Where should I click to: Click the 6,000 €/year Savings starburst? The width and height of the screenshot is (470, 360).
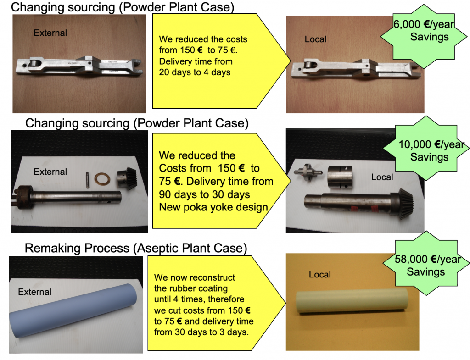(x=424, y=36)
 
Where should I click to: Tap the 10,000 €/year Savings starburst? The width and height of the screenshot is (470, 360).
(x=426, y=148)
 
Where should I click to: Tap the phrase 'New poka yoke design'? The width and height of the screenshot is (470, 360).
(x=213, y=207)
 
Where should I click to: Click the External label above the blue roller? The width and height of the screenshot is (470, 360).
(x=34, y=292)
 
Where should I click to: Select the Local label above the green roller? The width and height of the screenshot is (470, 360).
(x=320, y=274)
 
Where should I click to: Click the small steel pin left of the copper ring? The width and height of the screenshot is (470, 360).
(x=87, y=180)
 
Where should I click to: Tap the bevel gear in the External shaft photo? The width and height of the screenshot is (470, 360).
(x=127, y=178)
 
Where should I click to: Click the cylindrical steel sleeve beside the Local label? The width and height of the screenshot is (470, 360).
(x=340, y=177)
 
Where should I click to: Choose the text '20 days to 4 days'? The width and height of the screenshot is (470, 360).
(x=195, y=72)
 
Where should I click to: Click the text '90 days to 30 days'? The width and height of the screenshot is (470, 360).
(x=204, y=194)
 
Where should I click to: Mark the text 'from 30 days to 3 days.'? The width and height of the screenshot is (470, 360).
(x=201, y=332)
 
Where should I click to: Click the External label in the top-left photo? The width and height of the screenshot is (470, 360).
(x=50, y=33)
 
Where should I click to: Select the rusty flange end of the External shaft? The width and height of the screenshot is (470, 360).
(x=23, y=197)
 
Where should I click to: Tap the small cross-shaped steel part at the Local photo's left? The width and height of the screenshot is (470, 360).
(x=308, y=172)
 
